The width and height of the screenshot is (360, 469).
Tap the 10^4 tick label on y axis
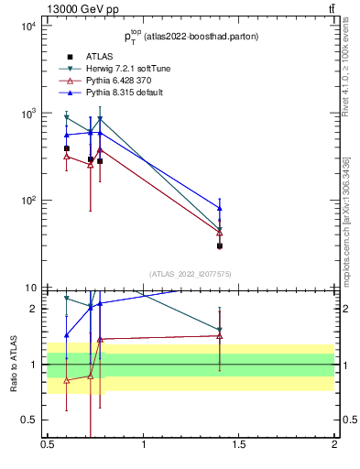(27, 27)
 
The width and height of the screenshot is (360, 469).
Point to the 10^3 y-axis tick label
(27, 114)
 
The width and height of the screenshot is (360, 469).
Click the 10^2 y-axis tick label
(27, 201)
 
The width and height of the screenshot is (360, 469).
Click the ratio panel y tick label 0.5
(29, 420)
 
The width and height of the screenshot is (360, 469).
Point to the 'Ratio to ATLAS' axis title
(12, 365)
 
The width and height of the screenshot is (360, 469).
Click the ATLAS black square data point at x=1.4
(220, 245)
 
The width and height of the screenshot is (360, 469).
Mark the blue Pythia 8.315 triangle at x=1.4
(220, 208)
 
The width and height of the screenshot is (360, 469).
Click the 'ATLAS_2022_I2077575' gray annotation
(191, 273)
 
